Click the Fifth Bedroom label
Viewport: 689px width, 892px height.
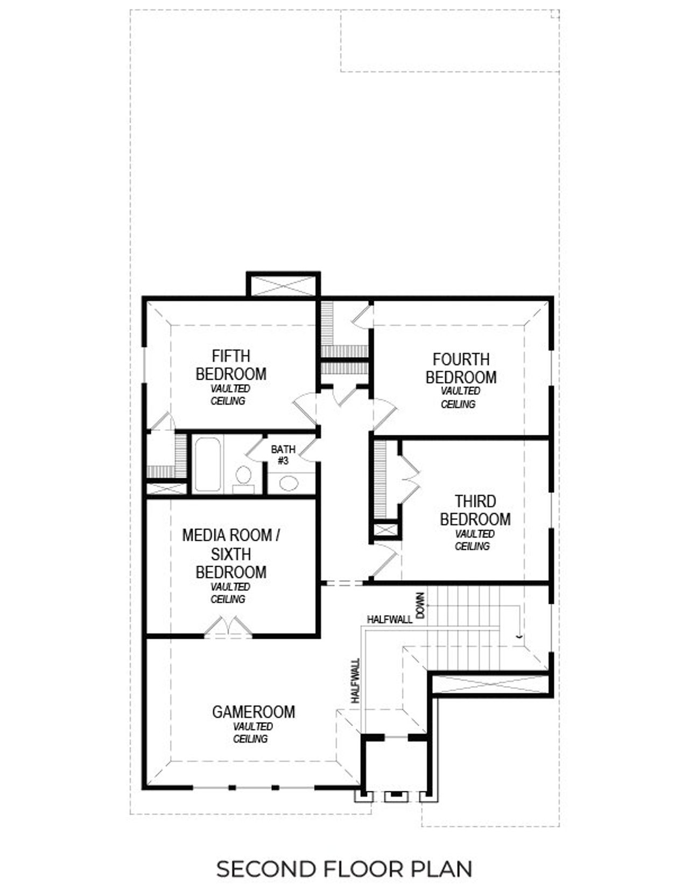230,365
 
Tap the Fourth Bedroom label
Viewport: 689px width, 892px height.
461,368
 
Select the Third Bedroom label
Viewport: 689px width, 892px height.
475,511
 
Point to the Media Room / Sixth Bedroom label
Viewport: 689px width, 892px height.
230,554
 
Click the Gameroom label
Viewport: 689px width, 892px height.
254,712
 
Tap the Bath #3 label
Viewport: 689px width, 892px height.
283,455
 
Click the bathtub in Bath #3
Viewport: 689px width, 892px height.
207,464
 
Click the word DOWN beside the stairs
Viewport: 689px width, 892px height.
421,605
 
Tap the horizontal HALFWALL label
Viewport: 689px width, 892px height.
390,619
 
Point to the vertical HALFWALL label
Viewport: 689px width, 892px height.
355,681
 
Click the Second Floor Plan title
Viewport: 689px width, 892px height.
344,869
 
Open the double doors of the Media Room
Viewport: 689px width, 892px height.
228,628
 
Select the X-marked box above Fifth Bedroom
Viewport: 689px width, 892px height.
283,285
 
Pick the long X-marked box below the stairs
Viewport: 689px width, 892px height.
491,684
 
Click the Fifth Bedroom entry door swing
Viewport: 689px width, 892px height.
305,409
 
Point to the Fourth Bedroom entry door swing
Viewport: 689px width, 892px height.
383,412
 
